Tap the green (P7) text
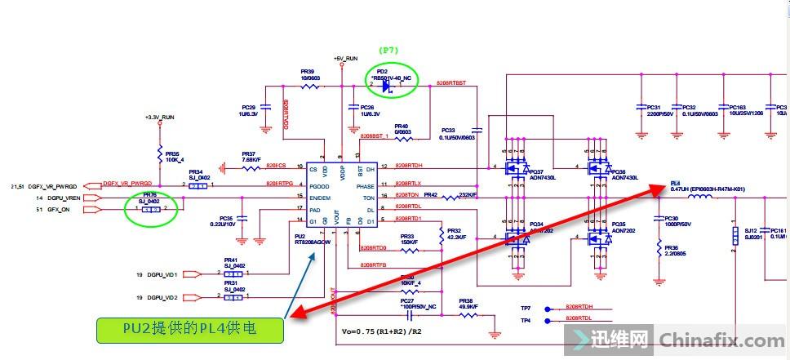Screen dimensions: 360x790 click(x=388, y=51)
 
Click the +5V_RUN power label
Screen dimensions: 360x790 click(x=345, y=60)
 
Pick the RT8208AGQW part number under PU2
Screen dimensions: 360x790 click(x=312, y=242)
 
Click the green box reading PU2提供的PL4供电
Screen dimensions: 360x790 click(x=191, y=330)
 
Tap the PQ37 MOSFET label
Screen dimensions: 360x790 click(x=536, y=172)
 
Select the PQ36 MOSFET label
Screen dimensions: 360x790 click(x=618, y=172)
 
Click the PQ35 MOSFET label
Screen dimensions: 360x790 click(x=618, y=224)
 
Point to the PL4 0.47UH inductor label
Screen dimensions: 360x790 click(x=707, y=189)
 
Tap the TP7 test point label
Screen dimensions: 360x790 click(x=526, y=308)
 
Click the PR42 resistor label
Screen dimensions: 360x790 click(x=433, y=195)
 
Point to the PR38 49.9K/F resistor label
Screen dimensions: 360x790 click(x=466, y=304)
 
